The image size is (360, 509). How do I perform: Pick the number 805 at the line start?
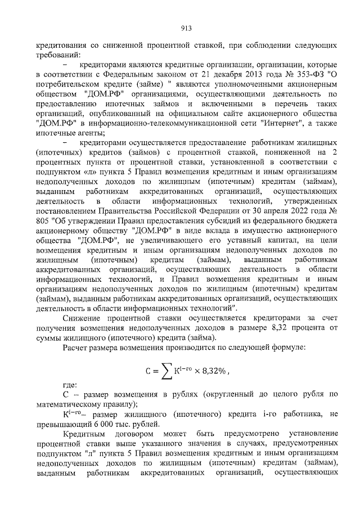pos(43,220)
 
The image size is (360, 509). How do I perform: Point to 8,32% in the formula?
pos(215,371)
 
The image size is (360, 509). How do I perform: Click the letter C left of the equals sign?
pos(144,371)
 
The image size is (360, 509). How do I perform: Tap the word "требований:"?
pos(58,55)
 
